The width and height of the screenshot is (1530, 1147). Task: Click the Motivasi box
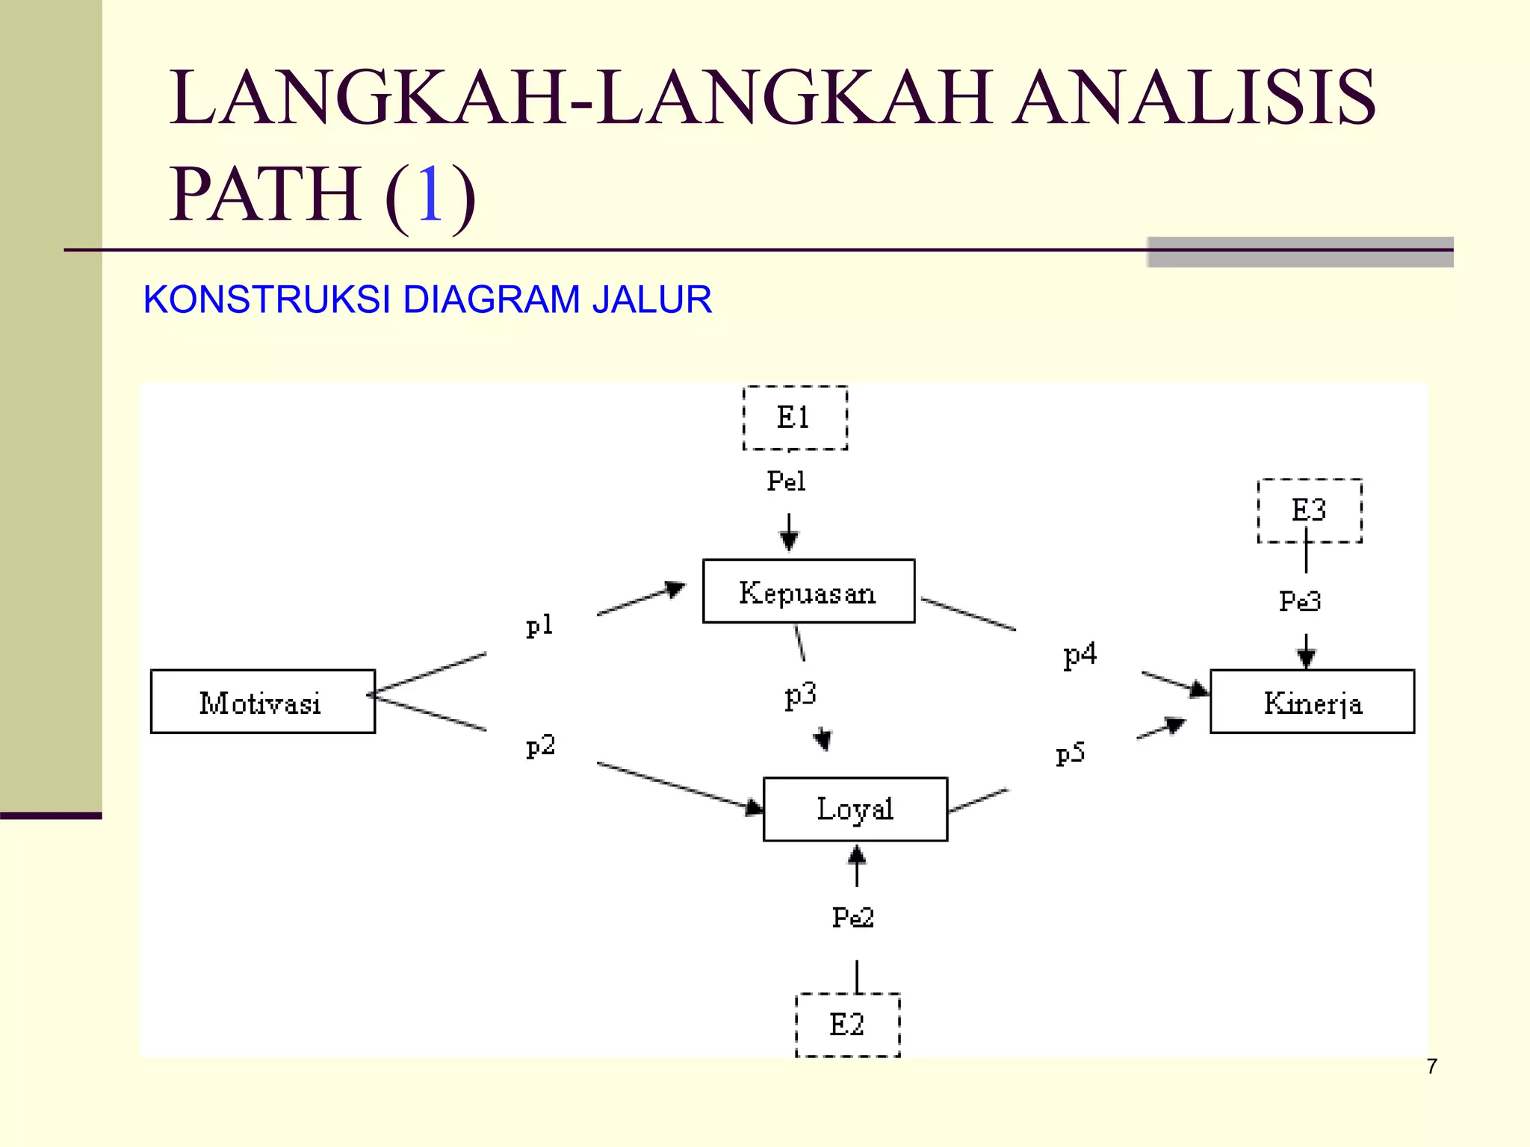point(262,702)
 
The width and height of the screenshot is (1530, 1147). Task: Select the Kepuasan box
point(808,591)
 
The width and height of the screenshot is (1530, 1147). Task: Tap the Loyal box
point(855,809)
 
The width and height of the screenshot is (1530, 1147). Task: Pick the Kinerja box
point(1312,702)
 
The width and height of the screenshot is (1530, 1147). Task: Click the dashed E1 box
point(795,418)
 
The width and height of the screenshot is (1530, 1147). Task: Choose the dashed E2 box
point(847,1025)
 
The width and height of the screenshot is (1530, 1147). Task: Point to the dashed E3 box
point(1310,511)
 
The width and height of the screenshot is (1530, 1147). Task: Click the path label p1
point(539,626)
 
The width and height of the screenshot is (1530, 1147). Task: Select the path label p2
point(540,746)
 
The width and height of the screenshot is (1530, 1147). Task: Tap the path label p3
point(800,696)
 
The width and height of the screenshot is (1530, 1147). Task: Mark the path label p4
point(1080,655)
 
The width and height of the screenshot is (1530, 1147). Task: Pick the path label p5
point(1070,753)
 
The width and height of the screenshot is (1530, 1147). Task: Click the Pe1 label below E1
point(786,481)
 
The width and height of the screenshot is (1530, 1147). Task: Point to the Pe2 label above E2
point(852,917)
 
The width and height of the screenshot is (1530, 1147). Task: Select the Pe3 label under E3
point(1300,601)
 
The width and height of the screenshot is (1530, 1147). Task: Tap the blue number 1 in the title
point(430,194)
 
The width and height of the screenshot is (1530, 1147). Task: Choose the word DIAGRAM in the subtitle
point(491,299)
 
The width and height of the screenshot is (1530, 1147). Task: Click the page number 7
point(1431,1066)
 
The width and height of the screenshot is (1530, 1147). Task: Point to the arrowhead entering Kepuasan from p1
point(676,589)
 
